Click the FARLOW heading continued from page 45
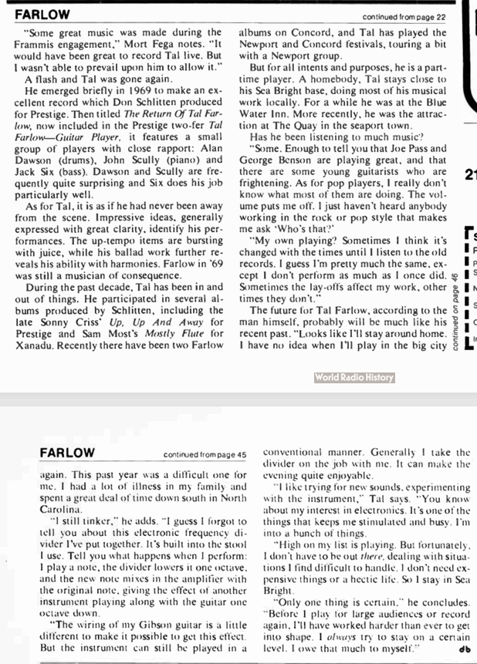(x=68, y=453)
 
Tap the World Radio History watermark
(x=354, y=378)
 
